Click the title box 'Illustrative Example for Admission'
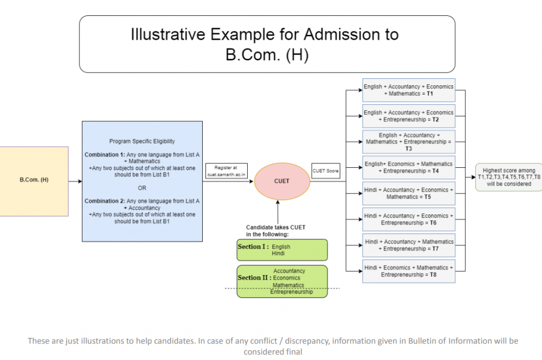tap(267, 44)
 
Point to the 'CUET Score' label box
tap(326, 170)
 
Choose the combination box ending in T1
tap(408, 90)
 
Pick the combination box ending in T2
tap(408, 116)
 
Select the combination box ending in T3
tap(408, 142)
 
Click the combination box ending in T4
tap(408, 167)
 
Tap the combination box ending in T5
tap(408, 193)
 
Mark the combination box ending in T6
tap(408, 219)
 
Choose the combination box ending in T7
tap(408, 245)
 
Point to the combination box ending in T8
tap(408, 271)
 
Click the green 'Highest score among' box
tap(509, 177)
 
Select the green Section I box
tap(282, 250)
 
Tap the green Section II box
tap(282, 281)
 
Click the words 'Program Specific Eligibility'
tap(142, 141)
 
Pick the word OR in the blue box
tap(142, 188)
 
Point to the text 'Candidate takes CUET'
tap(275, 227)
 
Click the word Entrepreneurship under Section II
tap(292, 292)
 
